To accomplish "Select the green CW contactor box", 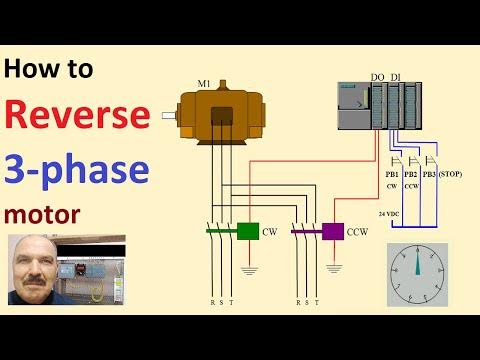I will (x=247, y=231).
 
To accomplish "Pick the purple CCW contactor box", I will (x=332, y=232).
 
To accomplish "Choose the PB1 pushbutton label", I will (x=391, y=174).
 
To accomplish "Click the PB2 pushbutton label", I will (x=410, y=174).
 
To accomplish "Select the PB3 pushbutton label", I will (x=428, y=174).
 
